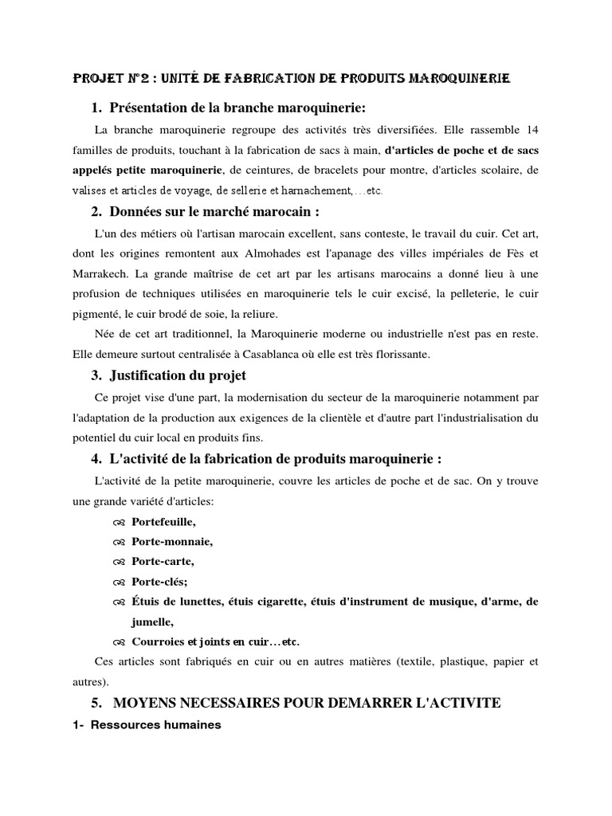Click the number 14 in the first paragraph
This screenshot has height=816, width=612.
pyautogui.click(x=532, y=129)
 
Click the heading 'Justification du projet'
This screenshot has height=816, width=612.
pyautogui.click(x=178, y=375)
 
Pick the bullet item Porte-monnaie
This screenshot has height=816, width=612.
pyautogui.click(x=173, y=541)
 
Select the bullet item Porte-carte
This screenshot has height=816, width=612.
pyautogui.click(x=163, y=561)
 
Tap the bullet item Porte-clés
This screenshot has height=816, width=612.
pyautogui.click(x=159, y=582)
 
